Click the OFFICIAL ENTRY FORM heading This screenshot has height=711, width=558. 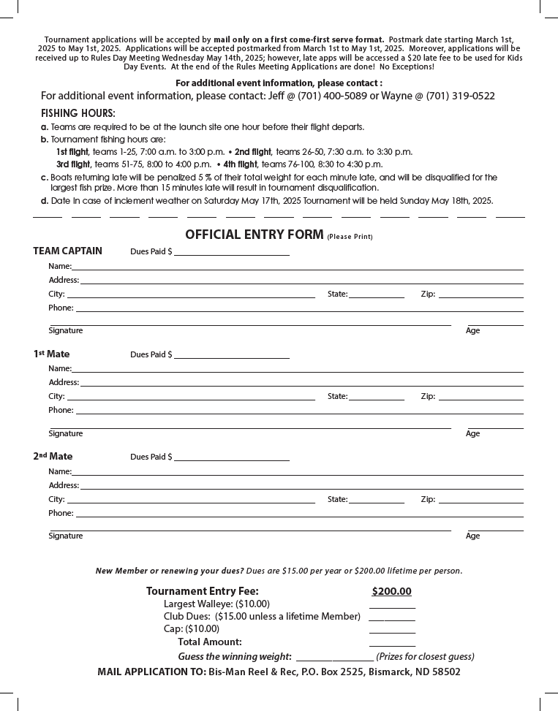pyautogui.click(x=254, y=235)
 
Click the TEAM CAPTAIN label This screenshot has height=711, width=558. pyautogui.click(x=67, y=251)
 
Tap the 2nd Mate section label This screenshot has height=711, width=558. pyautogui.click(x=53, y=457)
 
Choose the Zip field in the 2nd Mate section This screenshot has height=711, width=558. pyautogui.click(x=480, y=501)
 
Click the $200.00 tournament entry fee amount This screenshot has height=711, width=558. pyautogui.click(x=391, y=592)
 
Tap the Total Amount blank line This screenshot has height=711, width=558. pyautogui.click(x=392, y=645)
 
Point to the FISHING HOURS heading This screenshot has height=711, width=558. pyautogui.click(x=78, y=113)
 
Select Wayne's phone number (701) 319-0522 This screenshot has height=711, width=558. pyautogui.click(x=460, y=96)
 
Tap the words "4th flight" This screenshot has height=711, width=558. pyautogui.click(x=240, y=164)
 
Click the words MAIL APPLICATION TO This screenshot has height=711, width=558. pyautogui.click(x=151, y=672)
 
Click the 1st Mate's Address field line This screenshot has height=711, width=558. pyautogui.click(x=301, y=384)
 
